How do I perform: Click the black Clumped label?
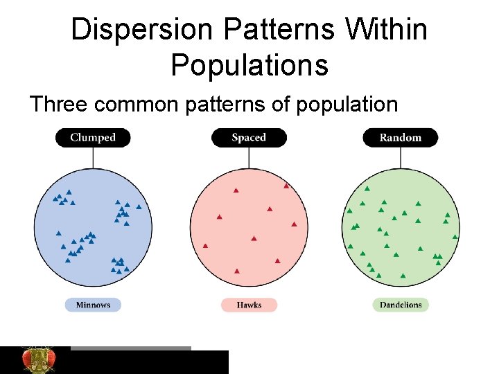coord(93,137)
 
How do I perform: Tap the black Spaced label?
coord(249,137)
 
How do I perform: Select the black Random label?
coord(401,137)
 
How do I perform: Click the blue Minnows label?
coord(93,305)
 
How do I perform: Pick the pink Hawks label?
coord(249,305)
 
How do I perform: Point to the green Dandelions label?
coord(401,305)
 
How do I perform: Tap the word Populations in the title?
coord(249,65)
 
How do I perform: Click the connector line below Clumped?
coord(93,157)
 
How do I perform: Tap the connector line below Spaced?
coord(249,157)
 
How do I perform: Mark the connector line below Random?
coord(401,157)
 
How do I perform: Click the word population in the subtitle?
coord(347,104)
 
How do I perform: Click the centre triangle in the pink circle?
coord(254,238)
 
